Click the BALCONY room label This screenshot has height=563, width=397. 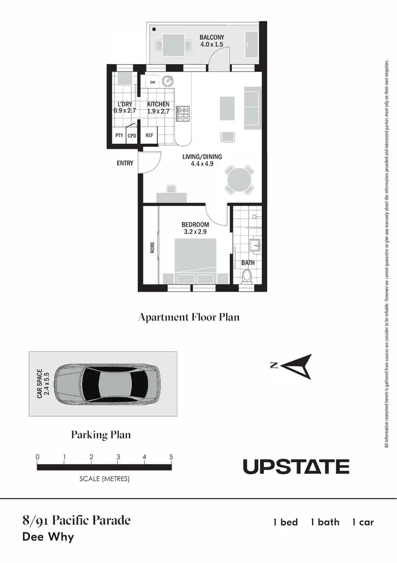tap(212, 38)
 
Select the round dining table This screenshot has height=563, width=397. tap(239, 180)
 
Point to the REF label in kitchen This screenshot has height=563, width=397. tap(149, 136)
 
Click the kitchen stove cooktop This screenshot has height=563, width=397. tap(184, 112)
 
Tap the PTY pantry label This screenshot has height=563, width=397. tap(119, 136)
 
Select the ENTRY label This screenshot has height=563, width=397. tap(125, 164)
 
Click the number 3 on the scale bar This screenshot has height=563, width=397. tap(118, 457)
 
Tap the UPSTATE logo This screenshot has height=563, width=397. tap(296, 467)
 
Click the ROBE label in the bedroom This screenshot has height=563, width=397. tap(152, 248)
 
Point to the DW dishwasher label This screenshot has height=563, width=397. tap(152, 82)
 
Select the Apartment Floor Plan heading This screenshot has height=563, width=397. tap(188, 317)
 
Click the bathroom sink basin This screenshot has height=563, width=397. tap(254, 245)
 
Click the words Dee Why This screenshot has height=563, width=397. tap(48, 537)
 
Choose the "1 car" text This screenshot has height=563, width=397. tap(363, 522)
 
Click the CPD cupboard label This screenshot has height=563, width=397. tap(132, 136)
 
